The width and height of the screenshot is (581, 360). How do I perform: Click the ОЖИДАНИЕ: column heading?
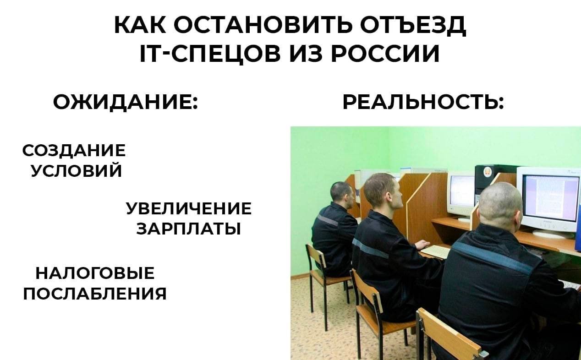point(126,103)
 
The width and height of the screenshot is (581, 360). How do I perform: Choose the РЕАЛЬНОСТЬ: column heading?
point(423,103)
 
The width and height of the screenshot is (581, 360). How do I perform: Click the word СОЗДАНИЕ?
point(74,150)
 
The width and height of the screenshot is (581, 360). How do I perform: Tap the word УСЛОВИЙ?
point(76,170)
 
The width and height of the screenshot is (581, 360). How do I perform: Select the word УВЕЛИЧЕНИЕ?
point(189,208)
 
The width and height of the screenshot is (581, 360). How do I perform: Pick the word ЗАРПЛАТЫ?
point(189,229)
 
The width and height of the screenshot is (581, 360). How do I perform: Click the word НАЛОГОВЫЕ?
point(95,273)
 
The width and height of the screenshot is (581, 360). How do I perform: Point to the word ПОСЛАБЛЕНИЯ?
point(95,294)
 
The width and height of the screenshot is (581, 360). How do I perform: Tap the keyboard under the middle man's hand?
point(435,251)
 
